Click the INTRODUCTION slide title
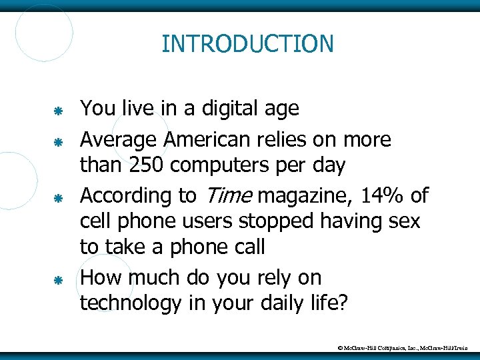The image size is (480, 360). [247, 44]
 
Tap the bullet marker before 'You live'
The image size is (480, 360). [58, 109]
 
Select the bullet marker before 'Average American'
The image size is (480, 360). [58, 141]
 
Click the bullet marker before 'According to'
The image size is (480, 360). [58, 198]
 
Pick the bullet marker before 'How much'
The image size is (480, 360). [58, 280]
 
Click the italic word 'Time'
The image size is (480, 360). [226, 195]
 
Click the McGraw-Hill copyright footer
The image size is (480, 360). [407, 347]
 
